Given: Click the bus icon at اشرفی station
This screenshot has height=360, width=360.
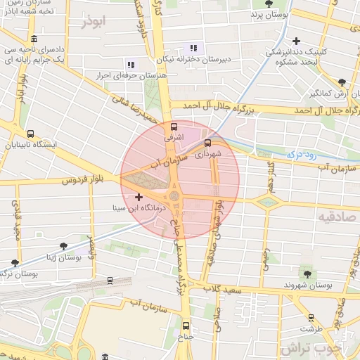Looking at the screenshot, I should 174,127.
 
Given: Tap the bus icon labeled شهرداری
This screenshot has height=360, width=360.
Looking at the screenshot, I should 207,143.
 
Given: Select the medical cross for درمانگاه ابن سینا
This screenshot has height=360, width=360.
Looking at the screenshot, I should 139,198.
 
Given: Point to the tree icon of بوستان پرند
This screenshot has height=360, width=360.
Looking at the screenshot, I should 255,14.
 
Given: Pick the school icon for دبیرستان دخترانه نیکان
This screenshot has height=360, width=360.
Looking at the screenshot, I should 193,49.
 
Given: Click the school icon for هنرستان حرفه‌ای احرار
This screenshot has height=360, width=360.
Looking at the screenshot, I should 131,65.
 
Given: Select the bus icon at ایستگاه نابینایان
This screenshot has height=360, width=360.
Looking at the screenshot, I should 30,134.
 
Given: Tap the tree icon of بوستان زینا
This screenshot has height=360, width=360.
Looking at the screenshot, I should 63,246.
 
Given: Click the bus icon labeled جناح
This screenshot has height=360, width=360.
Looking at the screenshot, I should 186,326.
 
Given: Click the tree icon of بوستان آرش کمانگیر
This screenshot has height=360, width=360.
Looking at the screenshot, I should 341,82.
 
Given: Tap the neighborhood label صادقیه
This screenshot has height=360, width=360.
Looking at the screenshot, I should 334,216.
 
